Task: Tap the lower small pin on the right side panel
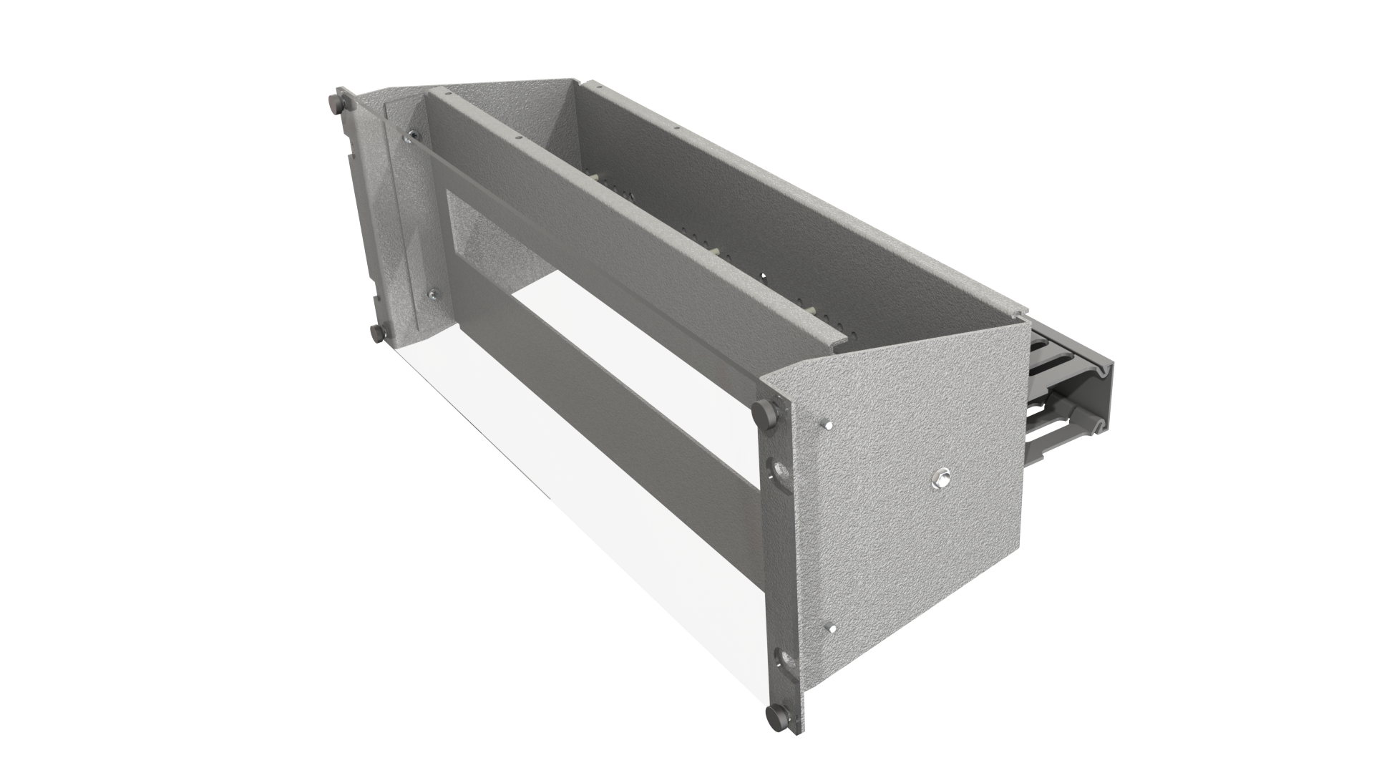[830, 628]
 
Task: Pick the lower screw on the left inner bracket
[432, 293]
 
